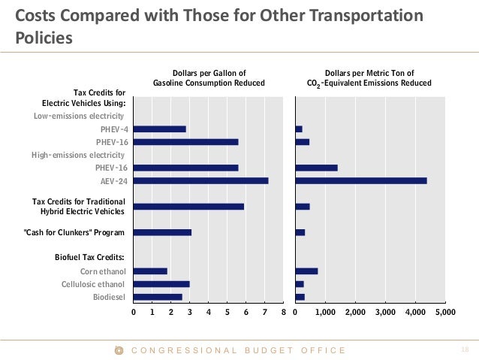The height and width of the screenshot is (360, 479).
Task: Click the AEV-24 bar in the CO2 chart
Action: [x=361, y=180]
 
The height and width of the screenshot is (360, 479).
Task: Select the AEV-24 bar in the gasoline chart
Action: [x=200, y=180]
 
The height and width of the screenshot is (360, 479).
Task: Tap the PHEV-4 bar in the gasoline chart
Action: [x=160, y=129]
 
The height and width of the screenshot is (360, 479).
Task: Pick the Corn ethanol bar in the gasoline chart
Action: [x=150, y=271]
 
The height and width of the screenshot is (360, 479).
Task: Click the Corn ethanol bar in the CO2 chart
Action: [x=307, y=271]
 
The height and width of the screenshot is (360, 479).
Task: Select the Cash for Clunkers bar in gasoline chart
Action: [x=162, y=232]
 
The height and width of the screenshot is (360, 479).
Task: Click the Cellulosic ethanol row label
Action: [x=94, y=284]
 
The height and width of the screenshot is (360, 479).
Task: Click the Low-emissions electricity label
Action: [x=79, y=116]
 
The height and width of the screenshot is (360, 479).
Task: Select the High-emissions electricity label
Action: [x=78, y=155]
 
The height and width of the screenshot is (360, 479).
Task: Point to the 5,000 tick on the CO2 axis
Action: [x=444, y=311]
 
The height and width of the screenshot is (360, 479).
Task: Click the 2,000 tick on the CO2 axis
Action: [x=355, y=311]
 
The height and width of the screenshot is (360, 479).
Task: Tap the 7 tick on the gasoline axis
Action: [x=264, y=311]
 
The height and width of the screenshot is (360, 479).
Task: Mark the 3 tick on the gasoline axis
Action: [x=190, y=311]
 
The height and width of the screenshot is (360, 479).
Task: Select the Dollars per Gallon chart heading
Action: [x=209, y=77]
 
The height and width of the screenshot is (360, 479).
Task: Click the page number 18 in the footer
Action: [x=463, y=350]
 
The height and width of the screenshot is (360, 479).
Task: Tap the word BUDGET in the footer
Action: [x=265, y=350]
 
